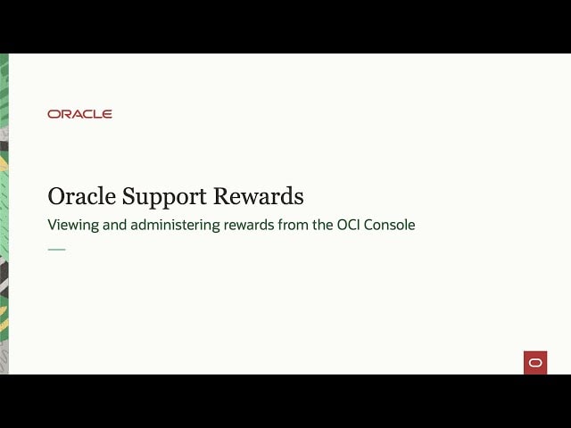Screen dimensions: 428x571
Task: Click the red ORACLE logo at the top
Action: point(79,114)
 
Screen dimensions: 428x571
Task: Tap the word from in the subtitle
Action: point(297,226)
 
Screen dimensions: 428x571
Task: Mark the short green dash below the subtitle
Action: point(56,249)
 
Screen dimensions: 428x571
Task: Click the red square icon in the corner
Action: point(535,362)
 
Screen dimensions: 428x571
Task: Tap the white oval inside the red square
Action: point(535,362)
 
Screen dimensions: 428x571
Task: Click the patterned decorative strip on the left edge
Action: point(4,214)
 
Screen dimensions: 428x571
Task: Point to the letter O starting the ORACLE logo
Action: point(53,114)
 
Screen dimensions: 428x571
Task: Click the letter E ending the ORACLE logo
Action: point(108,114)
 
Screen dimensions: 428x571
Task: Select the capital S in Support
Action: point(123,196)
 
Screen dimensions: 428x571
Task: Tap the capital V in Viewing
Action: point(52,226)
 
